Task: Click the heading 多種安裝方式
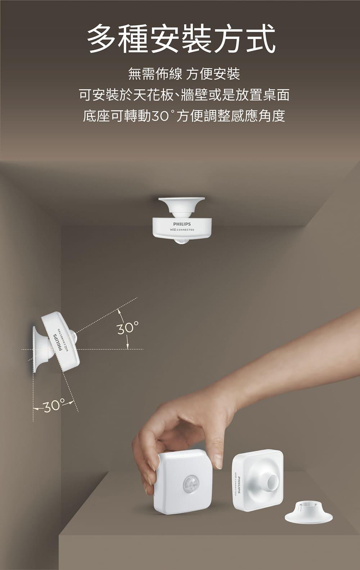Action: click(181, 39)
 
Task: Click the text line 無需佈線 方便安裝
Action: click(184, 74)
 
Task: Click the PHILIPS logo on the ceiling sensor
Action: click(182, 224)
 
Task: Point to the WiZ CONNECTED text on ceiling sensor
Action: click(182, 230)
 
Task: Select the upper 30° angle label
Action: click(128, 327)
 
